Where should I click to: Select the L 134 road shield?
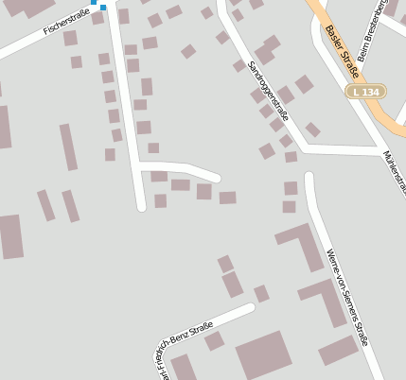pyautogui.click(x=366, y=92)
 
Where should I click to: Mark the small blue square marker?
pyautogui.click(x=103, y=8)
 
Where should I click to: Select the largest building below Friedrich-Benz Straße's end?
pyautogui.click(x=265, y=355)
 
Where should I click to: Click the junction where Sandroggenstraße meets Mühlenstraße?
pyautogui.click(x=305, y=148)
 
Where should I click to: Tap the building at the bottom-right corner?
pyautogui.click(x=338, y=351)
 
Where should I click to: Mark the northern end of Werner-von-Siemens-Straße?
pyautogui.click(x=309, y=176)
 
